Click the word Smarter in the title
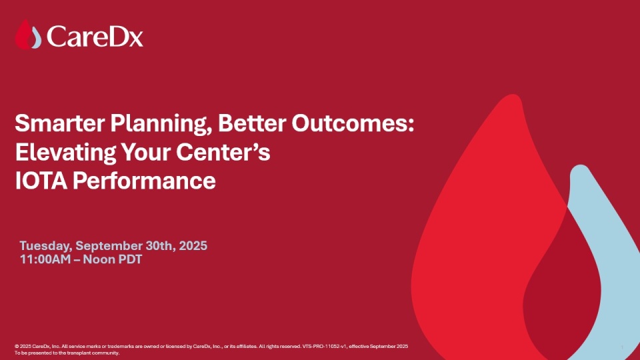59,123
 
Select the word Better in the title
252,123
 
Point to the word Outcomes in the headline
353,123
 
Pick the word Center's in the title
223,152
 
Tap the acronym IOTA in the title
41,181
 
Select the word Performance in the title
144,181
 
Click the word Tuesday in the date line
46,246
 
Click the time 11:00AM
45,259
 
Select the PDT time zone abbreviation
130,259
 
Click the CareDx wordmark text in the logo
95,36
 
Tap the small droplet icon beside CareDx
28,35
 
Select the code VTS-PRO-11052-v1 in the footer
325,346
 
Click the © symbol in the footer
17,347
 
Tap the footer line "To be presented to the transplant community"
67,353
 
